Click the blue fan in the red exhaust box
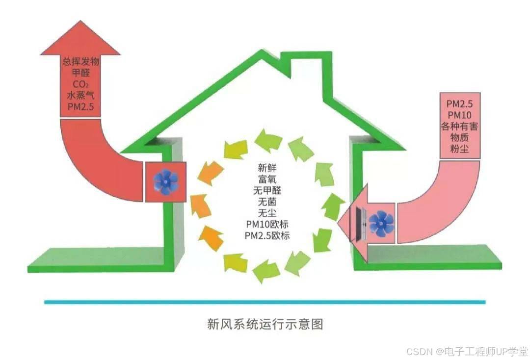click(x=165, y=181)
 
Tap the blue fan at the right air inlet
click(x=381, y=223)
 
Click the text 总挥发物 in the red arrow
click(x=80, y=62)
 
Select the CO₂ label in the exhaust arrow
click(x=80, y=84)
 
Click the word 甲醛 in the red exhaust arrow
click(x=80, y=74)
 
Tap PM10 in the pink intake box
click(x=459, y=116)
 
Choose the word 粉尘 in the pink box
click(x=459, y=148)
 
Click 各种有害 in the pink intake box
click(x=459, y=127)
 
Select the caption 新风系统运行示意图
click(x=265, y=324)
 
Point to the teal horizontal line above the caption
click(x=265, y=302)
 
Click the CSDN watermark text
click(x=467, y=351)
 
